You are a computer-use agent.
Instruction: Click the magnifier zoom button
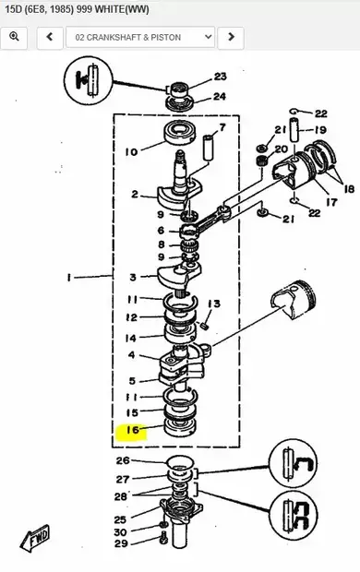coord(14,37)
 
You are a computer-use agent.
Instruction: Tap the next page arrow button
coord(231,37)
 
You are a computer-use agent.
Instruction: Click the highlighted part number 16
coord(132,430)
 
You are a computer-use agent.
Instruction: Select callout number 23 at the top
coord(220,77)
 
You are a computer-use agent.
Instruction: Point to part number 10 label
coord(131,151)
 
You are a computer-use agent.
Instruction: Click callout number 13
coord(214,304)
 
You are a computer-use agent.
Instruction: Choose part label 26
coord(123,460)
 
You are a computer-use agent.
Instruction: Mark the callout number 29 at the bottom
coord(122,544)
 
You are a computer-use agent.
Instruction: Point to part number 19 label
coord(319,130)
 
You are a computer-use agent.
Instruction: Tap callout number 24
coord(220,96)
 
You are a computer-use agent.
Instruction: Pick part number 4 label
coord(131,356)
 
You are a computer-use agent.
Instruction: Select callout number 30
coord(122,531)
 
